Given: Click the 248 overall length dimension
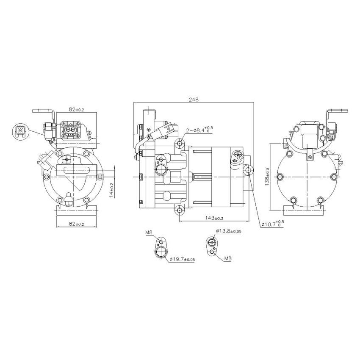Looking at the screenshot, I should (194, 100).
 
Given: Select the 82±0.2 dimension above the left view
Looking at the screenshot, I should (78, 110).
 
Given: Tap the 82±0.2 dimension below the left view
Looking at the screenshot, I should (78, 224).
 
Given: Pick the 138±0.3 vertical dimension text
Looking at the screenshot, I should (267, 177).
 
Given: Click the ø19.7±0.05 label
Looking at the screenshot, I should (182, 259).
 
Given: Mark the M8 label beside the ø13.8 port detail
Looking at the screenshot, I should (227, 258).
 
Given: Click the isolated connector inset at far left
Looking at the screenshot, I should (20, 132).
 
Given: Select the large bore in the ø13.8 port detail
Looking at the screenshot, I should (210, 243).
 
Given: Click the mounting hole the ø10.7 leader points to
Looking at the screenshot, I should (248, 170).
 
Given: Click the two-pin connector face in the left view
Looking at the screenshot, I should (70, 129).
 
